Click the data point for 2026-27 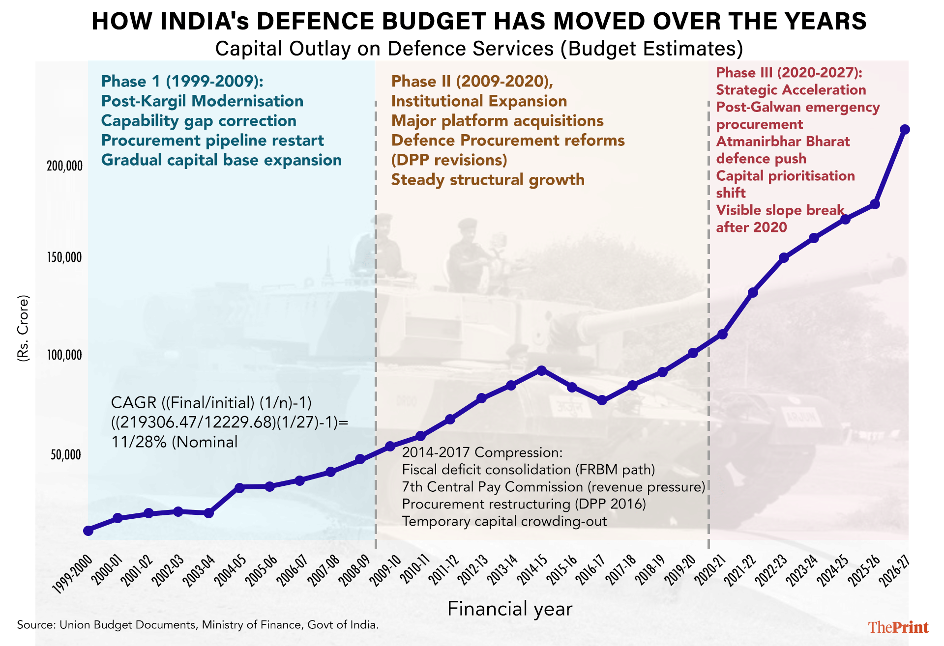click(x=904, y=130)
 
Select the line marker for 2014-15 click(x=541, y=370)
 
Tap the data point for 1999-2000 click(x=88, y=531)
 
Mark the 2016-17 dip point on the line click(x=602, y=400)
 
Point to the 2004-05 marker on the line click(x=239, y=488)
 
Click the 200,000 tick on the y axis click(x=64, y=166)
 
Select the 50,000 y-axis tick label click(x=65, y=455)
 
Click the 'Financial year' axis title click(x=510, y=609)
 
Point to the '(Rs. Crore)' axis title click(x=23, y=329)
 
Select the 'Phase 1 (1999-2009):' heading click(x=182, y=82)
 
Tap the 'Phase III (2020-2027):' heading click(x=789, y=73)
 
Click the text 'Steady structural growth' click(x=488, y=180)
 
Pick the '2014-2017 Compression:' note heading click(x=482, y=452)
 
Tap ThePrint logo click(x=898, y=627)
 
